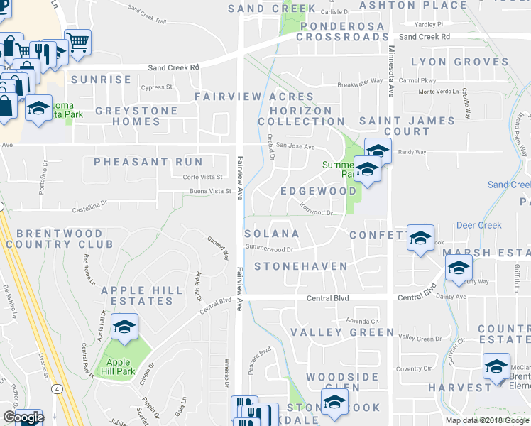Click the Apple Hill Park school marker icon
[x=124, y=327]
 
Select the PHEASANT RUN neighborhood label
[x=148, y=162]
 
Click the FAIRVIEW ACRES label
[x=254, y=97]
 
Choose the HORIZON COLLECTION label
[x=295, y=116]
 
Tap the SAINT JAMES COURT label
[x=407, y=126]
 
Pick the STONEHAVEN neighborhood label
[x=301, y=266]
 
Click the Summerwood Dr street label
[x=269, y=248]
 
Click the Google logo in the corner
[x=23, y=417]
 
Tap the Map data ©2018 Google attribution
[x=486, y=420]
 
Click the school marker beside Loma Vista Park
[x=38, y=108]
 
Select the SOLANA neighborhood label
[x=272, y=234]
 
